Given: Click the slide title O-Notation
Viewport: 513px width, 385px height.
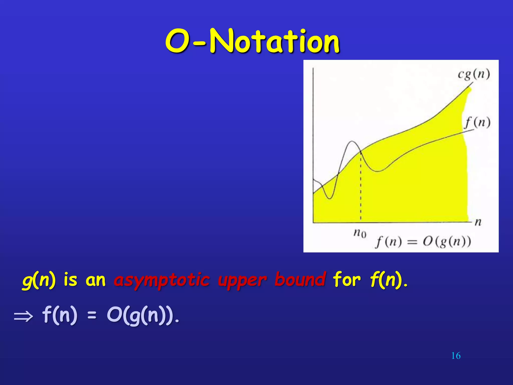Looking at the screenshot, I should click(x=252, y=41).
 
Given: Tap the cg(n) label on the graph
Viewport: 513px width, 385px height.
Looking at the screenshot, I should click(x=474, y=74).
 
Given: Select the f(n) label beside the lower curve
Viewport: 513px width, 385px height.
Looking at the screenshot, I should click(x=477, y=123).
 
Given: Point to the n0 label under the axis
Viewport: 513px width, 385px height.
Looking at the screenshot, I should click(x=360, y=233).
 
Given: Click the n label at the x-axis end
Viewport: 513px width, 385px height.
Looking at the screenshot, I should click(x=478, y=222).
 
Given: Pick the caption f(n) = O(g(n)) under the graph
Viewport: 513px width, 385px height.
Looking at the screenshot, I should click(x=423, y=242).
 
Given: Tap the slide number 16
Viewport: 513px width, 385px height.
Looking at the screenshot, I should click(x=456, y=356).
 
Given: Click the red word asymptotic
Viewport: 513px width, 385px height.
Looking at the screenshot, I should click(x=162, y=280).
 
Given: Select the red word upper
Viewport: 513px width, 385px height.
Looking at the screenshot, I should click(x=242, y=280).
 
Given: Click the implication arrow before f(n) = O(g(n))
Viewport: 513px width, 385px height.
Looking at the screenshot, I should click(x=23, y=317).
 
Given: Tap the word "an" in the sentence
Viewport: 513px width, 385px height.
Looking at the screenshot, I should click(x=95, y=280).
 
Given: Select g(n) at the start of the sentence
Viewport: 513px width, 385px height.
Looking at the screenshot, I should click(x=39, y=280).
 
